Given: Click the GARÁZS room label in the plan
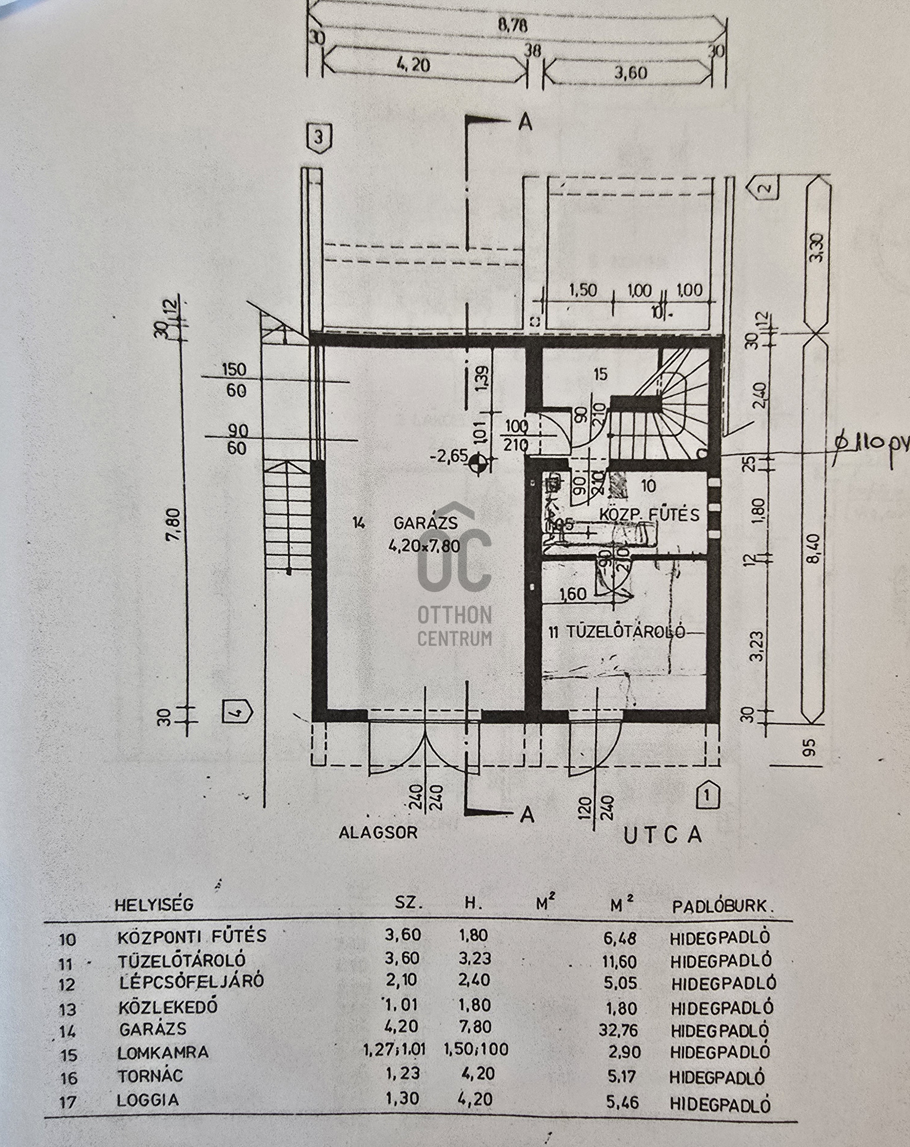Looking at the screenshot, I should click(425, 523).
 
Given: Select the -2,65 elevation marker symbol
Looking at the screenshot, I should click(477, 461).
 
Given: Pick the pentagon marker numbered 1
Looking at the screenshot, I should click(707, 795).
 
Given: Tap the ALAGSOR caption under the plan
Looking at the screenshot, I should click(378, 832).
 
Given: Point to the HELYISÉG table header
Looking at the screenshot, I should click(154, 904).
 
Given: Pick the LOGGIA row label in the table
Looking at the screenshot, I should click(148, 1100).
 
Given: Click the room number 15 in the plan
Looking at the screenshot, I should click(600, 375).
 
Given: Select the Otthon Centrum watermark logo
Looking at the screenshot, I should click(454, 573).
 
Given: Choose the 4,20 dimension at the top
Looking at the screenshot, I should click(413, 64).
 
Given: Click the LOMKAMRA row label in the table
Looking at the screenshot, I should click(163, 1053).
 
